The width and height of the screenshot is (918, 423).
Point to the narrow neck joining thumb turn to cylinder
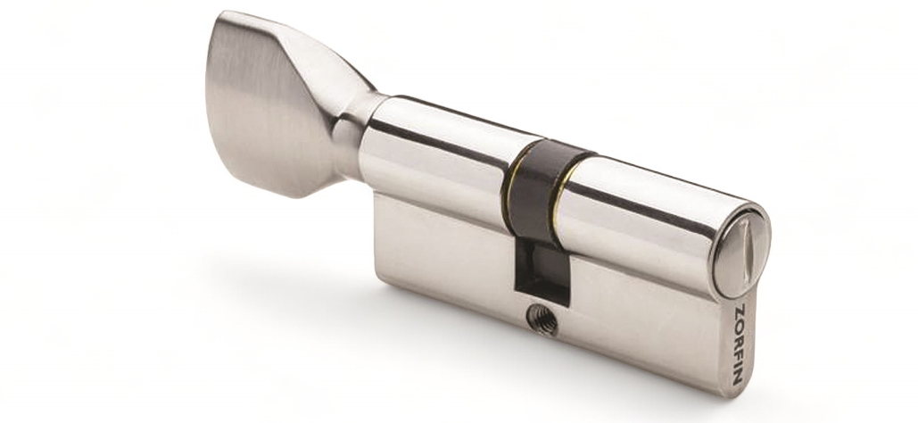351,135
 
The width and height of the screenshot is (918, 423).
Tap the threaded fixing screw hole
542,319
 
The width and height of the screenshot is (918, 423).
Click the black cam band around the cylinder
542,187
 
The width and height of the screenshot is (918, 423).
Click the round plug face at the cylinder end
740,251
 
